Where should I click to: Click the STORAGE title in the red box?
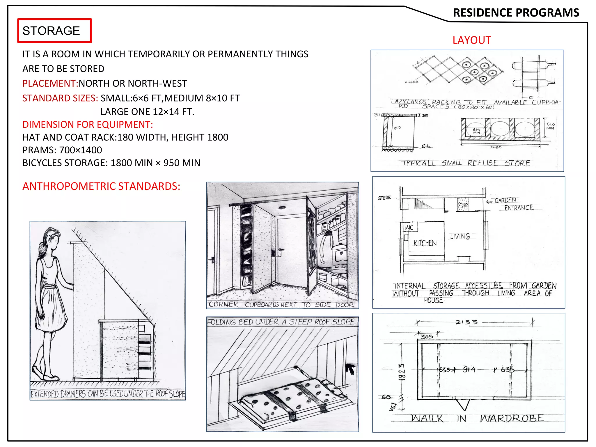pos(51,31)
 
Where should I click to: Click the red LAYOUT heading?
pos(472,40)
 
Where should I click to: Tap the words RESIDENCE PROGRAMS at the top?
pos(516,13)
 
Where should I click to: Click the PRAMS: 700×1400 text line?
pos(62,150)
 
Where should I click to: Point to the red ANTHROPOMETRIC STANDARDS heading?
pos(101,186)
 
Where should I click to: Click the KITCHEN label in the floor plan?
pos(425,243)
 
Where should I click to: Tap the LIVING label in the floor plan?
pos(460,236)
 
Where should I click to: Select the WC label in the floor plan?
pos(409,227)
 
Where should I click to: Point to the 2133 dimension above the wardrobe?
pos(466,322)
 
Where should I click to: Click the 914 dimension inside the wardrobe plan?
pos(469,370)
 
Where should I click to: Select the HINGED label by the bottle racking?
pos(411,82)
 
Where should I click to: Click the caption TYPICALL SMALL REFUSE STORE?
pos(466,163)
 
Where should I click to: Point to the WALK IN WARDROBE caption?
pos(477,418)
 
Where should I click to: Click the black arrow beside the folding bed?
pos(351,369)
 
